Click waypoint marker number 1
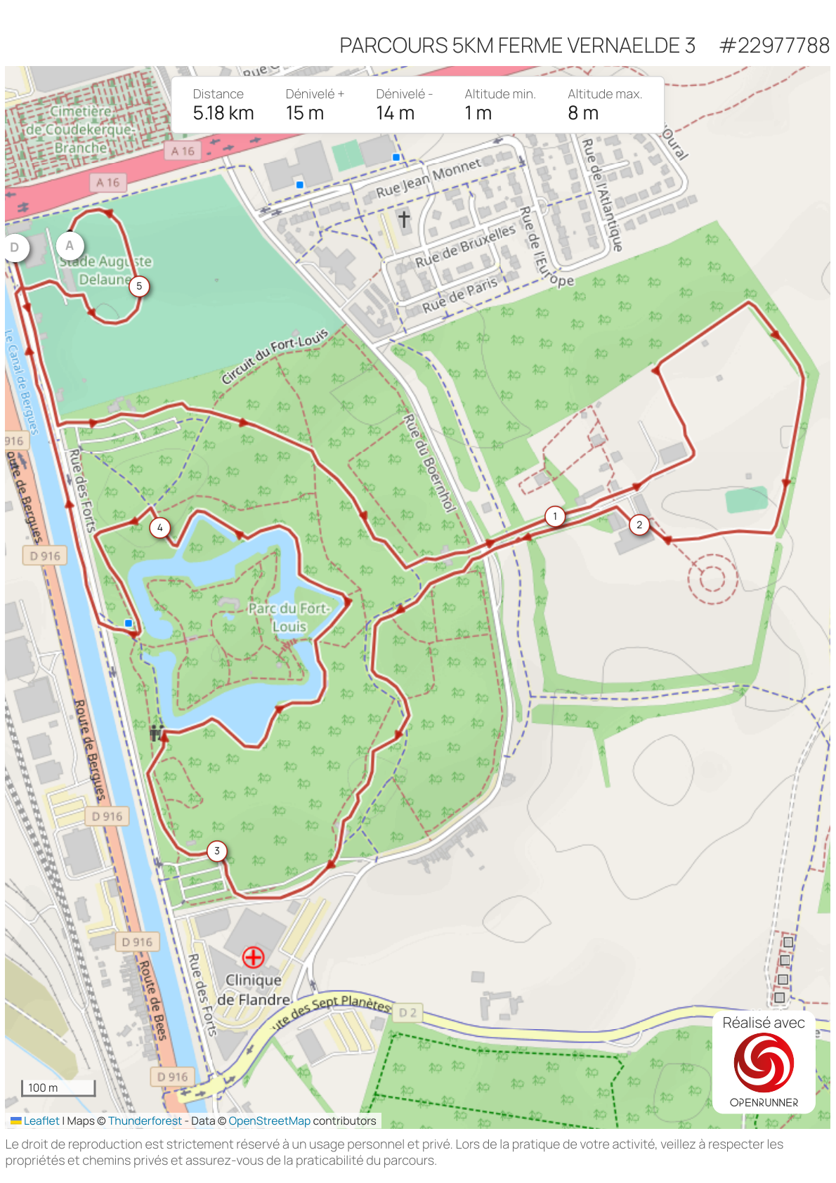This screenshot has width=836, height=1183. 555,516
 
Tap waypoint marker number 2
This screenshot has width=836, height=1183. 639,524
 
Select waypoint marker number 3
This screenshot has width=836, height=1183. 217,851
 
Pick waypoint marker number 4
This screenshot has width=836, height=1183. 160,528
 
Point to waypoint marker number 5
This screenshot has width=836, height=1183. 139,286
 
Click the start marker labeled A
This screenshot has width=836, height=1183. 70,246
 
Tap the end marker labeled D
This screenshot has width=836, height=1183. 15,247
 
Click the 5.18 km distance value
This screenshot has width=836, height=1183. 223,113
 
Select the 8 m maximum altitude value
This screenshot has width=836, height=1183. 583,113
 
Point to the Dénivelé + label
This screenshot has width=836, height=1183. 315,94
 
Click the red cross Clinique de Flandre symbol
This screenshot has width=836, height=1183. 253,957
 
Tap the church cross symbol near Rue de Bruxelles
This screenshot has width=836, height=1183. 404,218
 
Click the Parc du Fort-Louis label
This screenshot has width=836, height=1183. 289,617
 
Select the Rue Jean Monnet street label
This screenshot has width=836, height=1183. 429,178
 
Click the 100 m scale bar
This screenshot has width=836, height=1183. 58,1087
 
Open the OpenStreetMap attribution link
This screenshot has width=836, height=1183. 269,1121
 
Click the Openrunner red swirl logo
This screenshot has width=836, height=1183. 764,1063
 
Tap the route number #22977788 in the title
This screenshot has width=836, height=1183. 774,46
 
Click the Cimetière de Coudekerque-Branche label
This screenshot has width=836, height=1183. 81,130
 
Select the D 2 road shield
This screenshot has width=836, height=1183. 407,1012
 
